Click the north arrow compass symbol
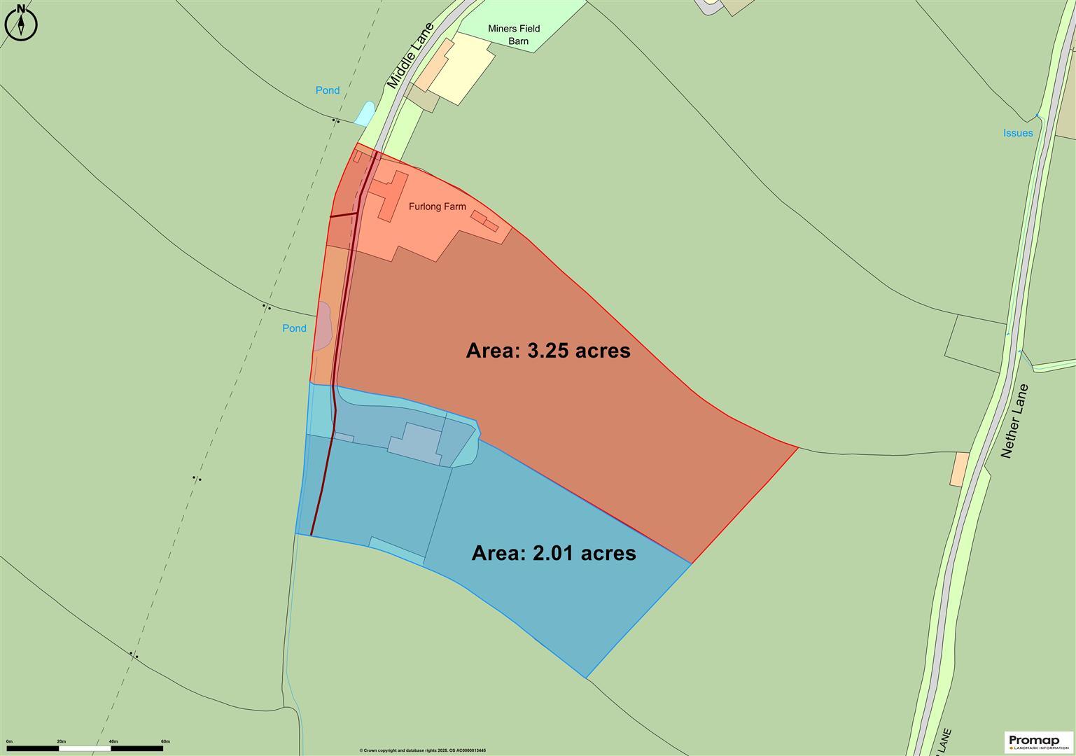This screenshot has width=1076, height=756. point(21,22)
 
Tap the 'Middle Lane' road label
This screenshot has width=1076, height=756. point(410,56)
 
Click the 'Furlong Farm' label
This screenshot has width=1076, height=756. point(438,206)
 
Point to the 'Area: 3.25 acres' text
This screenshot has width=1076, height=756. point(548,350)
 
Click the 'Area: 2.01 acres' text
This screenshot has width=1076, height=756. point(554,553)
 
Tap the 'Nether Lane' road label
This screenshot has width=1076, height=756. point(1014,421)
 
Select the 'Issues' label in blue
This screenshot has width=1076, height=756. point(1018,133)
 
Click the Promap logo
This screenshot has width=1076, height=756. point(1038,741)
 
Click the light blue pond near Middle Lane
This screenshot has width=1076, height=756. point(365,113)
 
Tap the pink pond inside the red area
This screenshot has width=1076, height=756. point(322,326)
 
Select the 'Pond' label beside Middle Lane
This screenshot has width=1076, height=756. point(327,90)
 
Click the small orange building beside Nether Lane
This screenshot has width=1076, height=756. point(958,469)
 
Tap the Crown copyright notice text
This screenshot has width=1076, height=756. point(422,750)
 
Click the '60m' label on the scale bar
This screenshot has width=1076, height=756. point(165,741)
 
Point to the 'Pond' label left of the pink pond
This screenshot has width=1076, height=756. point(294,328)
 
